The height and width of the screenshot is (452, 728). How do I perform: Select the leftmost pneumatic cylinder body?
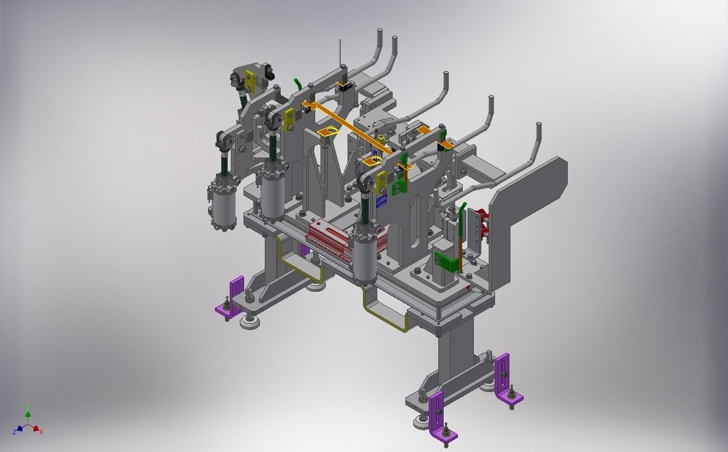pos(222,205)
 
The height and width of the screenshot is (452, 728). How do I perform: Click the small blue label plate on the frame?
pos(381,201)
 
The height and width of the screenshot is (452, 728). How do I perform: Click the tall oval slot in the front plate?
pos(416,214)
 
